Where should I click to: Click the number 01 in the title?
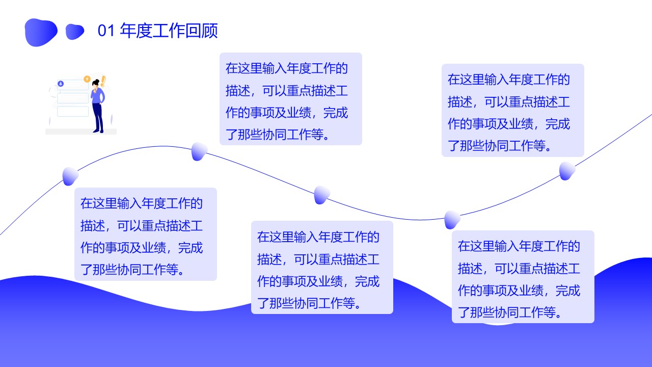point(106,31)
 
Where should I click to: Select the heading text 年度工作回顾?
point(169,31)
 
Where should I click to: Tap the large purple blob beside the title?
point(41,32)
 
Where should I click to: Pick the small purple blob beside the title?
point(75,32)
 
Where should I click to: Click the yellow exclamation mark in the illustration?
point(103,81)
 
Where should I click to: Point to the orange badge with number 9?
point(87,79)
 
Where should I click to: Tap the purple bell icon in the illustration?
point(61,84)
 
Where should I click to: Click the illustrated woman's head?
point(96,83)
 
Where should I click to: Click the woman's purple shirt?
point(98,95)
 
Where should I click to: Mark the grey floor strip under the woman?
point(81,132)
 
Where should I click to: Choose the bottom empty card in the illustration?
point(73,112)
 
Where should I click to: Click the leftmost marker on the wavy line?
point(70,176)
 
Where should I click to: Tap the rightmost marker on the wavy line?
point(567,171)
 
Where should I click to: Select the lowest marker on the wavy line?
point(452,220)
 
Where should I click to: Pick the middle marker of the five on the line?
point(322,195)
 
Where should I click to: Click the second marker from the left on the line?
point(199,151)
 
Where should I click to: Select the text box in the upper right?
point(513,111)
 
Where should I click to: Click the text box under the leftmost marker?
point(146,234)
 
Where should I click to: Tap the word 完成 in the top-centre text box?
point(336,113)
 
